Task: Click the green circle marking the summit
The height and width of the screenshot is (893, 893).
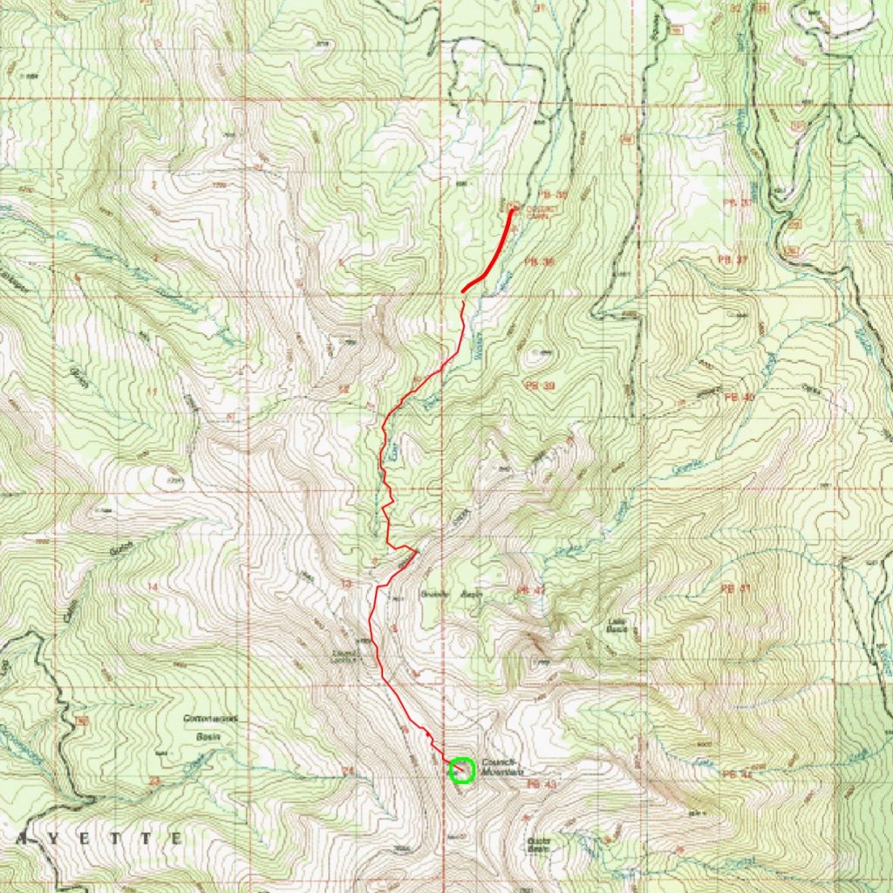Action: (462, 770)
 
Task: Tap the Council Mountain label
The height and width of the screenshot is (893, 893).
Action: (501, 767)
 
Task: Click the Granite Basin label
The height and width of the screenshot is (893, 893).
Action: (446, 595)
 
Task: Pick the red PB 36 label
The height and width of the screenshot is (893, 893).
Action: (541, 262)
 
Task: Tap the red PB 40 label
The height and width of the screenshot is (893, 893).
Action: (739, 397)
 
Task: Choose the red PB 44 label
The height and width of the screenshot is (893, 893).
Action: (737, 774)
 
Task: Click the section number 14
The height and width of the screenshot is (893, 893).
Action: (153, 587)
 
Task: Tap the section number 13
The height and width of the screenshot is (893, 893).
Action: (346, 583)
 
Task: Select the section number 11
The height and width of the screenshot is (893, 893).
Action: (152, 392)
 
